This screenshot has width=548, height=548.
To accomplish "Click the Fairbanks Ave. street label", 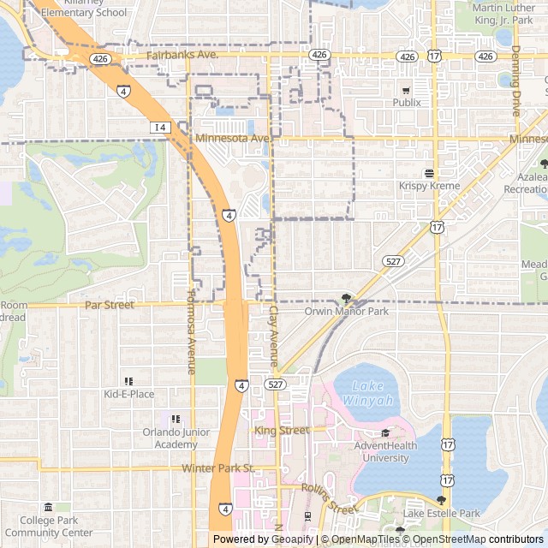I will (x=182, y=55).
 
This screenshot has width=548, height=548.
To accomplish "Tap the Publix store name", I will (x=407, y=103).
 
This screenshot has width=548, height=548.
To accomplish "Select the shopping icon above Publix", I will (x=406, y=90).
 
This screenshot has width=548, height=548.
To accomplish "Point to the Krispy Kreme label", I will (x=429, y=186).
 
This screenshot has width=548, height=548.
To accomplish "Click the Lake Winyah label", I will (x=368, y=394).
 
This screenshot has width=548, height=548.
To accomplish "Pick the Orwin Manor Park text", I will (x=346, y=312).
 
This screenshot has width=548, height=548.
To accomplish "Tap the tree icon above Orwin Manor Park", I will (x=346, y=299).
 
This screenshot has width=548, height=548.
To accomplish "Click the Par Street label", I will (x=110, y=305).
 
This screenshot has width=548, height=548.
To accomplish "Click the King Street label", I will (x=281, y=430).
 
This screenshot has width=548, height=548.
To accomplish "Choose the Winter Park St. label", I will (x=218, y=468).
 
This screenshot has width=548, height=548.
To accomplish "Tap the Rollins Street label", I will (x=328, y=497).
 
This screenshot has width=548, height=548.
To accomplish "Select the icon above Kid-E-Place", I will (x=128, y=381).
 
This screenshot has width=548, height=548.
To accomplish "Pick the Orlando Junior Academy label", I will (x=176, y=438).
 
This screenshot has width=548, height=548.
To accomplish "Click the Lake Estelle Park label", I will (x=442, y=513).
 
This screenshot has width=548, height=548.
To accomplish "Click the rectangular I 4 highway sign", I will (x=160, y=127).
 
